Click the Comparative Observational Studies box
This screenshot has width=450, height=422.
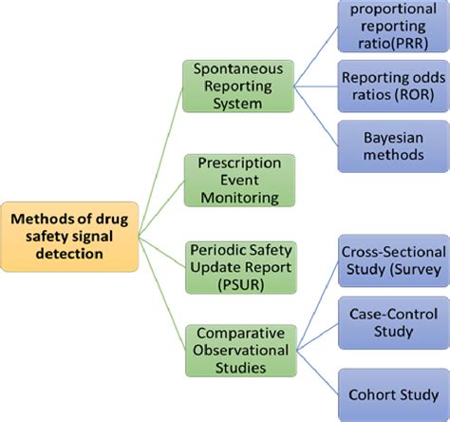pos(237,350)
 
